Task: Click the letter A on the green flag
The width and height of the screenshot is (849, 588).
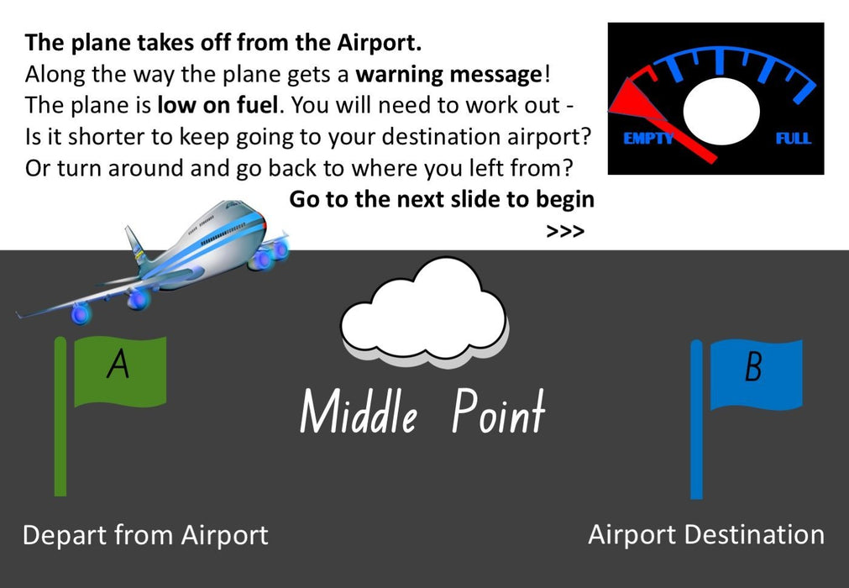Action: click(118, 364)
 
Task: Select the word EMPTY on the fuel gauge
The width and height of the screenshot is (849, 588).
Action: click(648, 139)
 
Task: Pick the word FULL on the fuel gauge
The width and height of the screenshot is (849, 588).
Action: click(794, 139)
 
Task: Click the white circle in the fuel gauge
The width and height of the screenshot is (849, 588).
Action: click(721, 110)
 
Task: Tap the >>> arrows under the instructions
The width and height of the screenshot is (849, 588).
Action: click(565, 232)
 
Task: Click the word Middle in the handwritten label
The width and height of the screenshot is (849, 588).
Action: click(359, 411)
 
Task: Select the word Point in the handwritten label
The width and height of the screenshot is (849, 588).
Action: click(498, 411)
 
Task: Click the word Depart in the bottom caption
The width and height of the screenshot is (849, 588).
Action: click(65, 536)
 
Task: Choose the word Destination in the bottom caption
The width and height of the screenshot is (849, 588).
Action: click(754, 534)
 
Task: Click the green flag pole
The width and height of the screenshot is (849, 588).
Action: click(60, 417)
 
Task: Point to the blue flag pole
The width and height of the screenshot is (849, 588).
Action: click(697, 420)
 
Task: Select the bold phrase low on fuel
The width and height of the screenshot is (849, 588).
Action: click(217, 105)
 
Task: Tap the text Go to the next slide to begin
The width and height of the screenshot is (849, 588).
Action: click(442, 199)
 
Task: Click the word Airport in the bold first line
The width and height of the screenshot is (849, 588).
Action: click(379, 43)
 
